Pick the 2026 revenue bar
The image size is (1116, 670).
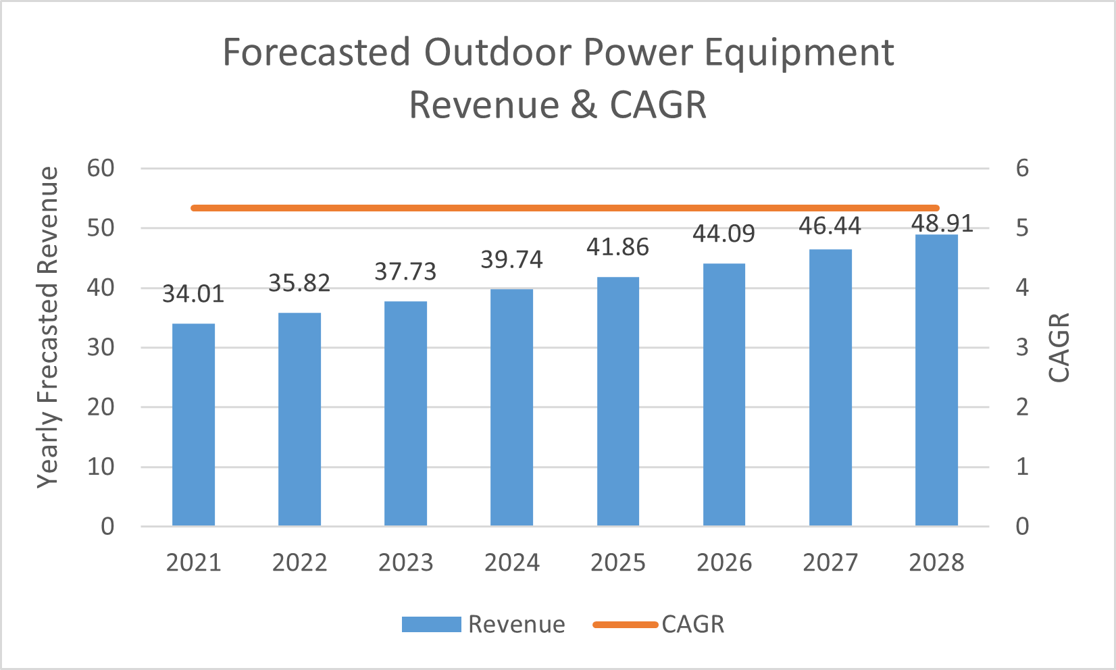tap(724, 394)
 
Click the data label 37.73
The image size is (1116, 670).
tap(405, 272)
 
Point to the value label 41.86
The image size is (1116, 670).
tap(617, 247)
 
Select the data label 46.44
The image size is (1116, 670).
tap(830, 226)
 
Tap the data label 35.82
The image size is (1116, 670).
tap(299, 284)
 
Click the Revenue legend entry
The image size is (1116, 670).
tap(483, 624)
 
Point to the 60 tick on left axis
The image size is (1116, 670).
tap(101, 168)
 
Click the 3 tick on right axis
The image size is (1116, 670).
tap(1022, 347)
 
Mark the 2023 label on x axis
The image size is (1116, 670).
tap(405, 563)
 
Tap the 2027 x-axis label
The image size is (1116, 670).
tap(830, 563)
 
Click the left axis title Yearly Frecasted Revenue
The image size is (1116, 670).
tap(48, 328)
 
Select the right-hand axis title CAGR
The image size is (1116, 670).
tap(1059, 347)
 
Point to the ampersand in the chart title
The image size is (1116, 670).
tap(584, 105)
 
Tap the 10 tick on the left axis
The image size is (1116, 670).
tap(101, 467)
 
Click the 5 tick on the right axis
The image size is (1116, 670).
tap(1022, 228)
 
